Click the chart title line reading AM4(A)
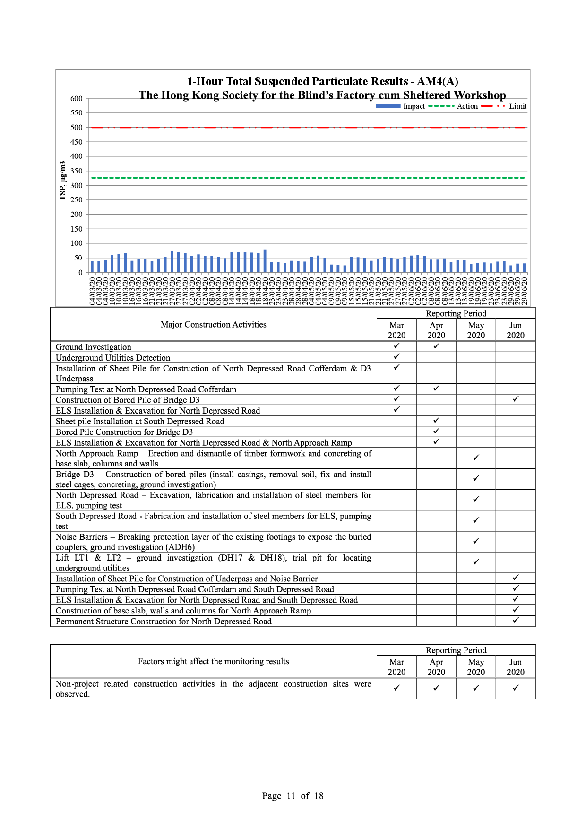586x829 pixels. coord(322,81)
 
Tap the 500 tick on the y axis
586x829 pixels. coord(77,128)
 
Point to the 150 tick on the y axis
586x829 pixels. coord(77,229)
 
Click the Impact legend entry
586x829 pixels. coord(401,106)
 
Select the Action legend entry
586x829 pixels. coord(454,106)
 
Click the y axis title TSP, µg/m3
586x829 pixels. coord(63,181)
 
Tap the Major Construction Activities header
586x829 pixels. coord(213,325)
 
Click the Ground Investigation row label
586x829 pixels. coord(94,347)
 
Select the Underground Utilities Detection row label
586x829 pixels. coord(113,358)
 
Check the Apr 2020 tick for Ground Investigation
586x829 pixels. coord(436,346)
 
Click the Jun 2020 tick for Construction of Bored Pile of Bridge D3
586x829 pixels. coord(516,399)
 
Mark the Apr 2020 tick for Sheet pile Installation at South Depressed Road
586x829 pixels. coord(436,420)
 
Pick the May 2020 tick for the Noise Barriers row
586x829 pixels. coord(476,541)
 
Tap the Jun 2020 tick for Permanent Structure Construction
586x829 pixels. coord(516,620)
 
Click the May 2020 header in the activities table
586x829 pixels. coord(476,330)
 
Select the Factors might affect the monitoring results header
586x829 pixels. coord(213,661)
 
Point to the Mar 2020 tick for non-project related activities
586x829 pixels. coord(396,688)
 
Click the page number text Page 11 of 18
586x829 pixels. coord(293,796)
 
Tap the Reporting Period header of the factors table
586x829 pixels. coord(456,650)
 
